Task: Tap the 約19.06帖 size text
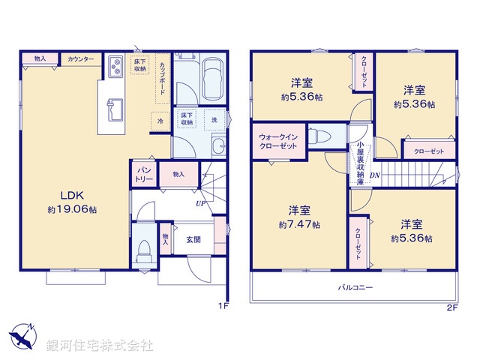71,209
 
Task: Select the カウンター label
80,58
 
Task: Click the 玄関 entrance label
193,239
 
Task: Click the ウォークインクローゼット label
278,142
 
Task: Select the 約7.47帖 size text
299,224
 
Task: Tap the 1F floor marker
222,306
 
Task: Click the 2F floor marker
451,307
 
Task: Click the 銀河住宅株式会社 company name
99,345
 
